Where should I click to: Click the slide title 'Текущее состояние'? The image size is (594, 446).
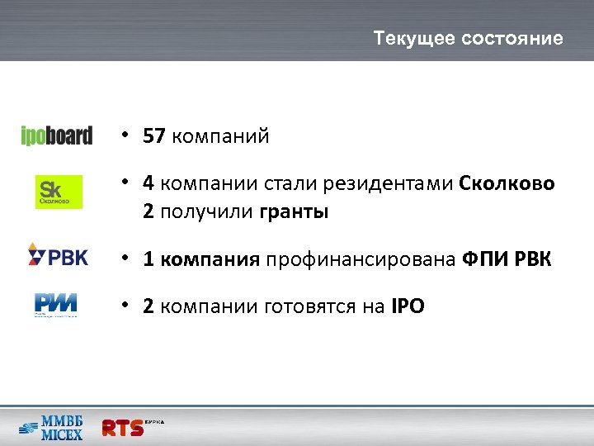pyautogui.click(x=468, y=39)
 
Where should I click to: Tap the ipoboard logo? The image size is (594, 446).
pyautogui.click(x=56, y=135)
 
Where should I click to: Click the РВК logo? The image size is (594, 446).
pyautogui.click(x=58, y=256)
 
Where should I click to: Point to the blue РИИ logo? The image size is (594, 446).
pyautogui.click(x=56, y=304)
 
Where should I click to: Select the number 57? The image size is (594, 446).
pyautogui.click(x=153, y=136)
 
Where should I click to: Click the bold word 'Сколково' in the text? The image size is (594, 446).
pyautogui.click(x=507, y=183)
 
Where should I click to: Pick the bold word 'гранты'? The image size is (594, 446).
pyautogui.click(x=294, y=211)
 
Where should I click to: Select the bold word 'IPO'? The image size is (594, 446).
pyautogui.click(x=407, y=307)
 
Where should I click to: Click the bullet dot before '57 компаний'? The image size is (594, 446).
pyautogui.click(x=121, y=135)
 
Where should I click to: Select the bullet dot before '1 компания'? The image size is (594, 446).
pyautogui.click(x=121, y=259)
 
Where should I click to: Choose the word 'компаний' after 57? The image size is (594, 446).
pyautogui.click(x=220, y=136)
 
